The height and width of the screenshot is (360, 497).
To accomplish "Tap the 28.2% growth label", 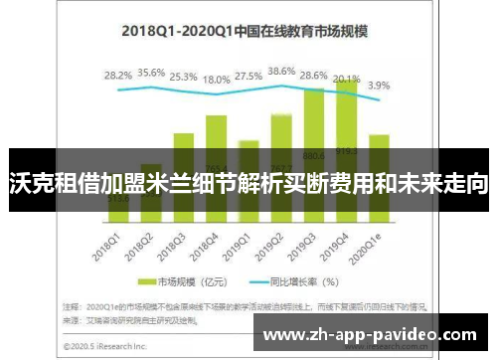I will click(118, 75).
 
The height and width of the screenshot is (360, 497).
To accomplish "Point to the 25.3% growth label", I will click(183, 76).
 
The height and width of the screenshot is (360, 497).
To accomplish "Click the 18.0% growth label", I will click(216, 79).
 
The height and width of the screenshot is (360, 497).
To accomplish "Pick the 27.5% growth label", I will click(248, 76).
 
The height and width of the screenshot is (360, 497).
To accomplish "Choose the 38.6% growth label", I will click(281, 71).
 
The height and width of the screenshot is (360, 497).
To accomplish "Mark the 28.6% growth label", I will click(314, 76).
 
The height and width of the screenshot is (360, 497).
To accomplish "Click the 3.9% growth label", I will click(379, 86).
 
